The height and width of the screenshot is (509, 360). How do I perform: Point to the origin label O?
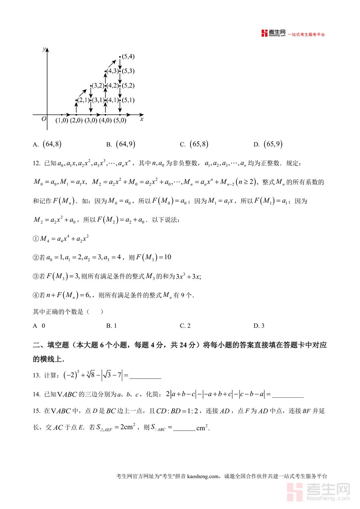coord(44,119)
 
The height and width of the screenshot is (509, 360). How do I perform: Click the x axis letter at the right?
coord(142,119)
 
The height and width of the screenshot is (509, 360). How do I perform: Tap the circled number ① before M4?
coord(36,239)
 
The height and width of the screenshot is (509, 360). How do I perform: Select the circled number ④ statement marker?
coord(36,295)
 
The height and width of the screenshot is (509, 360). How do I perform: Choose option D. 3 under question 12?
coord(259,326)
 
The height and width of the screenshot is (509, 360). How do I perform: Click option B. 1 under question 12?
coord(111,326)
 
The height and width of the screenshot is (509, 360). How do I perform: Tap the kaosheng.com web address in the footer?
coord(203,476)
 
